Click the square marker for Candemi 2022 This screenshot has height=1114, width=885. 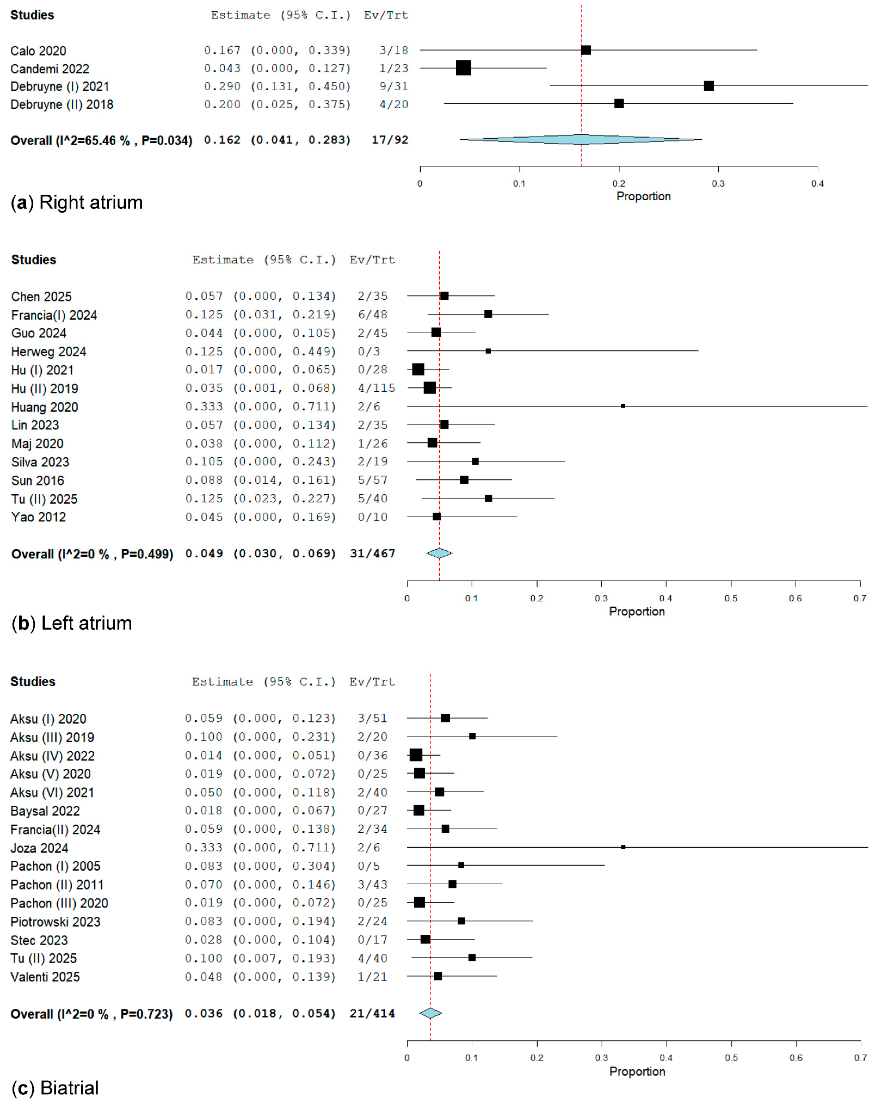pyautogui.click(x=463, y=68)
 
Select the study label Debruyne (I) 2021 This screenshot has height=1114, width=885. pyautogui.click(x=59, y=86)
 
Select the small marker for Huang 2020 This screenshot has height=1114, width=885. pyautogui.click(x=622, y=406)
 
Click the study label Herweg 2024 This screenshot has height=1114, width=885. pyautogui.click(x=49, y=351)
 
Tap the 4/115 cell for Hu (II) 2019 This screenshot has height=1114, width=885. pyautogui.click(x=376, y=388)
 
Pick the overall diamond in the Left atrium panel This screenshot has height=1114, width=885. pyautogui.click(x=439, y=553)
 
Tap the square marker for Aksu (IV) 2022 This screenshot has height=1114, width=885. pyautogui.click(x=415, y=755)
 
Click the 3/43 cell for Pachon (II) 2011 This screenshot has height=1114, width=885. pyautogui.click(x=372, y=885)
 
